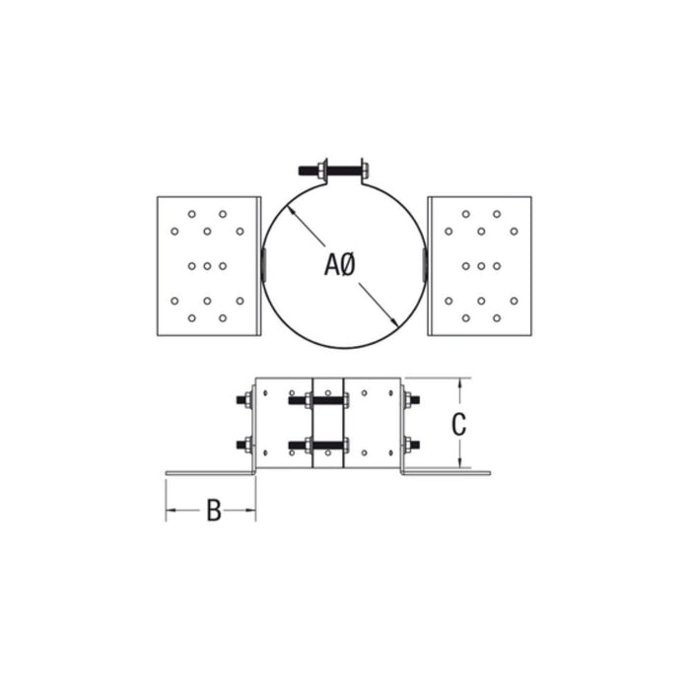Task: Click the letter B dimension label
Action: click(x=213, y=511)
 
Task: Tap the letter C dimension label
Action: click(x=458, y=424)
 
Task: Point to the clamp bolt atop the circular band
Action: click(x=341, y=171)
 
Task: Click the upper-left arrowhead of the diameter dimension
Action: click(x=296, y=222)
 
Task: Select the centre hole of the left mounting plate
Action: click(x=207, y=265)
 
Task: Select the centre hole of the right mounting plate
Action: click(x=481, y=265)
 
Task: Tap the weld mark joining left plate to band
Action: click(x=263, y=263)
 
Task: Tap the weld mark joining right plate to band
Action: click(x=424, y=263)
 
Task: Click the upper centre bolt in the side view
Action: click(x=317, y=400)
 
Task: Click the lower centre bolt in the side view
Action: click(x=317, y=445)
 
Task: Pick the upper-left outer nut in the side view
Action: click(x=242, y=400)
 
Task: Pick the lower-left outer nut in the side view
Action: click(x=242, y=445)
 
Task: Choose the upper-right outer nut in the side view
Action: click(x=412, y=400)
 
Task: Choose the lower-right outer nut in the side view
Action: click(x=412, y=445)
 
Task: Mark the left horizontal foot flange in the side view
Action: click(x=210, y=472)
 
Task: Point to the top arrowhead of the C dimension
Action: click(x=460, y=383)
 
